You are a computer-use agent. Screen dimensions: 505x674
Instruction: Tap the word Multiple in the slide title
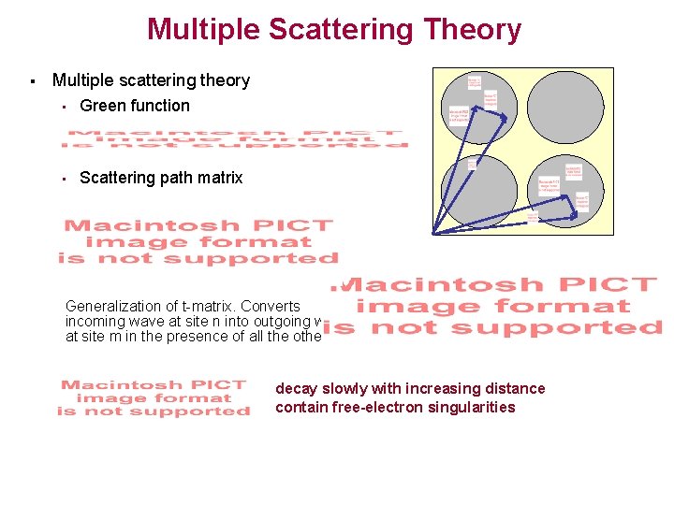(201, 30)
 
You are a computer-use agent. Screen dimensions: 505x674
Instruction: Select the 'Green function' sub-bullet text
(135, 106)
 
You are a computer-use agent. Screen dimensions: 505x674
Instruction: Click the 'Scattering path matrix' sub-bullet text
(161, 178)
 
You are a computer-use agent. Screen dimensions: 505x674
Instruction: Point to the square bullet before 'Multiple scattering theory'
(33, 81)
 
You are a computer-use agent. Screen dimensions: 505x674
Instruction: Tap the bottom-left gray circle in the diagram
(477, 194)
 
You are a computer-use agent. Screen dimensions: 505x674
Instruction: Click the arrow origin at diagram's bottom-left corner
(433, 233)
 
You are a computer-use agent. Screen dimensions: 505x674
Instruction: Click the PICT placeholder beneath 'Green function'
(234, 138)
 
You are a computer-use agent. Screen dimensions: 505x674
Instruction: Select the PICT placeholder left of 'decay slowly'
(154, 397)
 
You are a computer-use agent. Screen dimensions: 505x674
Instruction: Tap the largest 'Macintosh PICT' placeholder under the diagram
(496, 306)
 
